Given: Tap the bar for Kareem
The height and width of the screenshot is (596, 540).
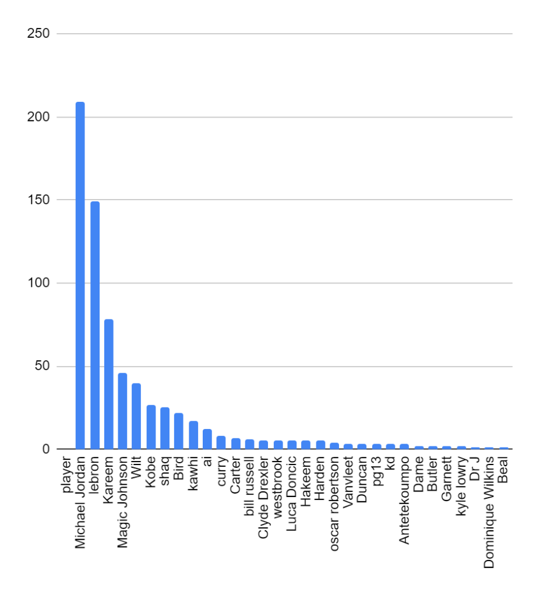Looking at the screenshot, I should (109, 384).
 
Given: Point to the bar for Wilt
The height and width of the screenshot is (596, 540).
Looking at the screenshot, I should (136, 416).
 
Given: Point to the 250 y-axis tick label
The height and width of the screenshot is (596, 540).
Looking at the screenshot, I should (38, 34).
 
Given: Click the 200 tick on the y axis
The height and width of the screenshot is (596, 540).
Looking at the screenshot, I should (38, 117).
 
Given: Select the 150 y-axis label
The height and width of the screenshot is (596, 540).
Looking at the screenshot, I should (38, 200).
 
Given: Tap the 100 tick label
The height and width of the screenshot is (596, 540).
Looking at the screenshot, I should (38, 283).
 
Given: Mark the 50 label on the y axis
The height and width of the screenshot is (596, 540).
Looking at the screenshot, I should (42, 367).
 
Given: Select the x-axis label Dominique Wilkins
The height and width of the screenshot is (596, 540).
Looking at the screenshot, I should (489, 512).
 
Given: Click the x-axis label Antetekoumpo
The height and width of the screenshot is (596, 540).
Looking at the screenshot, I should (404, 501).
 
